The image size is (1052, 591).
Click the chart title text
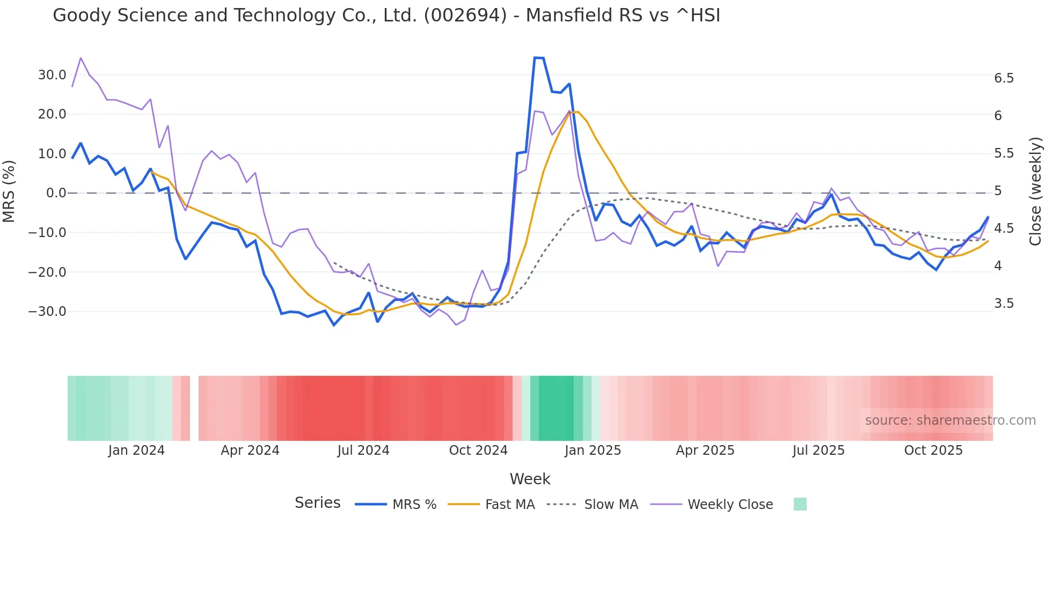tap(386, 16)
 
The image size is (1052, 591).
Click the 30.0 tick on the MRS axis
tap(52, 75)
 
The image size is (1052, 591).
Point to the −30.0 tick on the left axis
tap(47, 312)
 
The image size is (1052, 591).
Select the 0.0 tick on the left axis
tap(56, 193)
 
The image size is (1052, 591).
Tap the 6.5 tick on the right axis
tap(1004, 78)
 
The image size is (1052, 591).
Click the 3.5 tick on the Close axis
tap(1004, 304)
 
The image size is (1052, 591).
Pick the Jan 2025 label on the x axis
tap(593, 450)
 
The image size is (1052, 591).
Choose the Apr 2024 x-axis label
tap(250, 450)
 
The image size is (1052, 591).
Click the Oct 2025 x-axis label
tap(933, 450)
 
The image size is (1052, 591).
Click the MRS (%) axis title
tap(9, 191)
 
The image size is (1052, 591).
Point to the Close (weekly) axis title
tap(1035, 191)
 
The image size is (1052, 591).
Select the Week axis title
tap(530, 479)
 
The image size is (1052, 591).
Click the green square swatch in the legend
tap(800, 504)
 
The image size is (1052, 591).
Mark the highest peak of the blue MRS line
tap(538, 57)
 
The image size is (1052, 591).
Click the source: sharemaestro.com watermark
tap(950, 420)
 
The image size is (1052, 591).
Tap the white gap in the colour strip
tap(194, 408)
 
